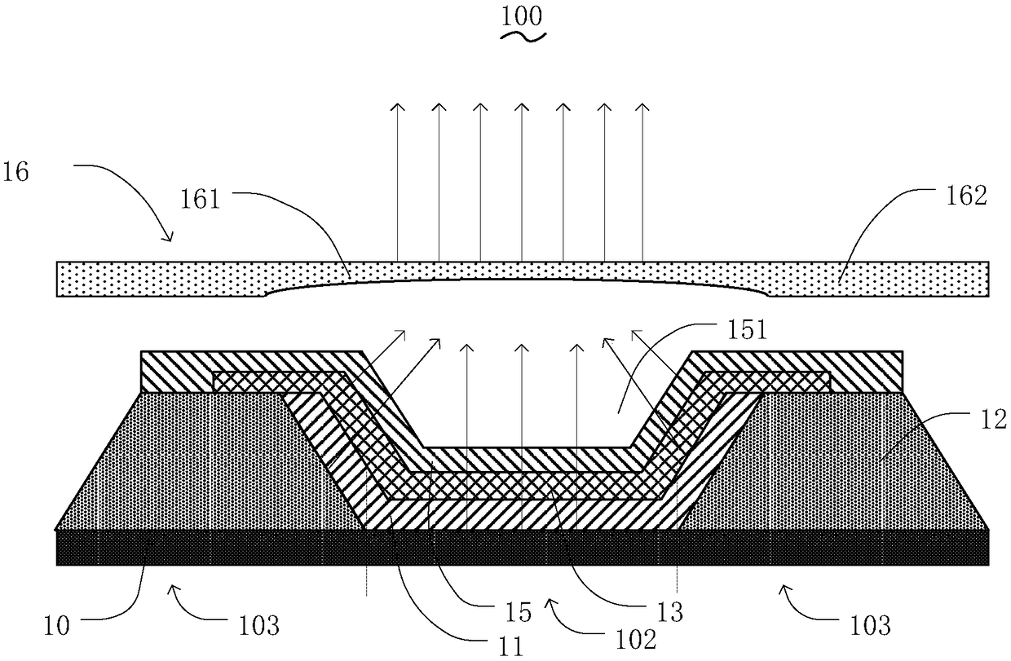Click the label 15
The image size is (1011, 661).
point(519,610)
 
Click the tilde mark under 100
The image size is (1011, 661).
point(522,37)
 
